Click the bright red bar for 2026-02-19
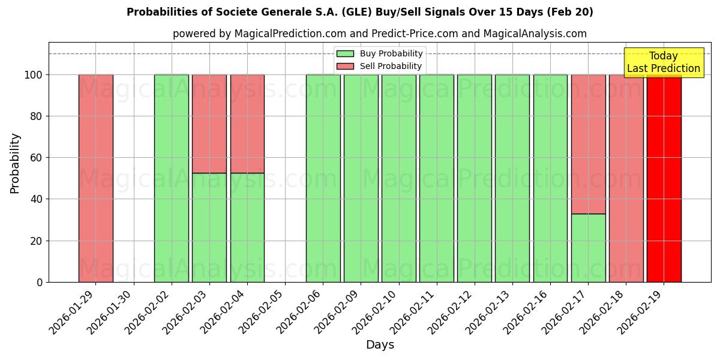[664, 180]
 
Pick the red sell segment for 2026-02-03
[209, 124]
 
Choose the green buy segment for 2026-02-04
[247, 227]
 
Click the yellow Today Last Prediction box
[664, 63]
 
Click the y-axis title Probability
[16, 163]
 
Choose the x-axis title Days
[380, 345]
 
